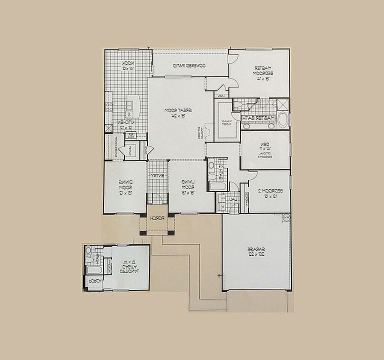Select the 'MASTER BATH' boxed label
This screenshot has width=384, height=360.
tap(258, 118)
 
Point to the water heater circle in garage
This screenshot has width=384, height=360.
tap(286, 217)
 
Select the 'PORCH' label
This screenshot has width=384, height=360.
tap(157, 218)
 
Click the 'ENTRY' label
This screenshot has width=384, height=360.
tap(157, 175)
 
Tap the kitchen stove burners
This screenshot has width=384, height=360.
tap(109, 106)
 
